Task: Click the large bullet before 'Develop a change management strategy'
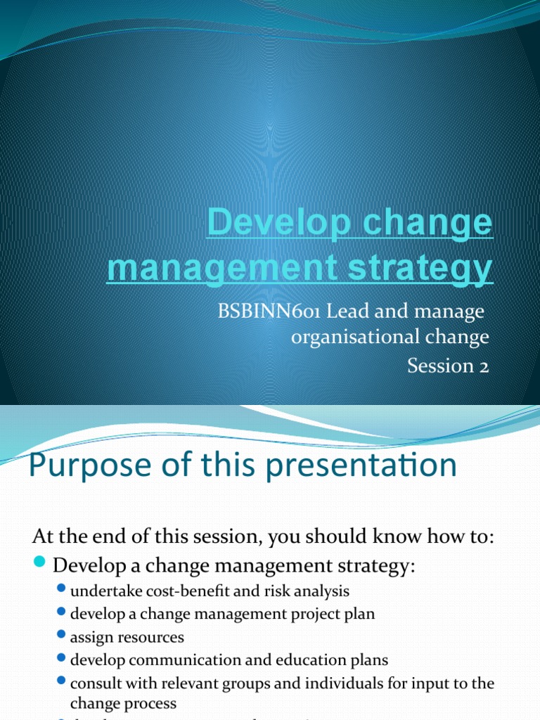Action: coord(40,564)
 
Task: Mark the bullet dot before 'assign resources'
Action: coord(61,636)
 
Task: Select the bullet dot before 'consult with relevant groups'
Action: coord(61,682)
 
